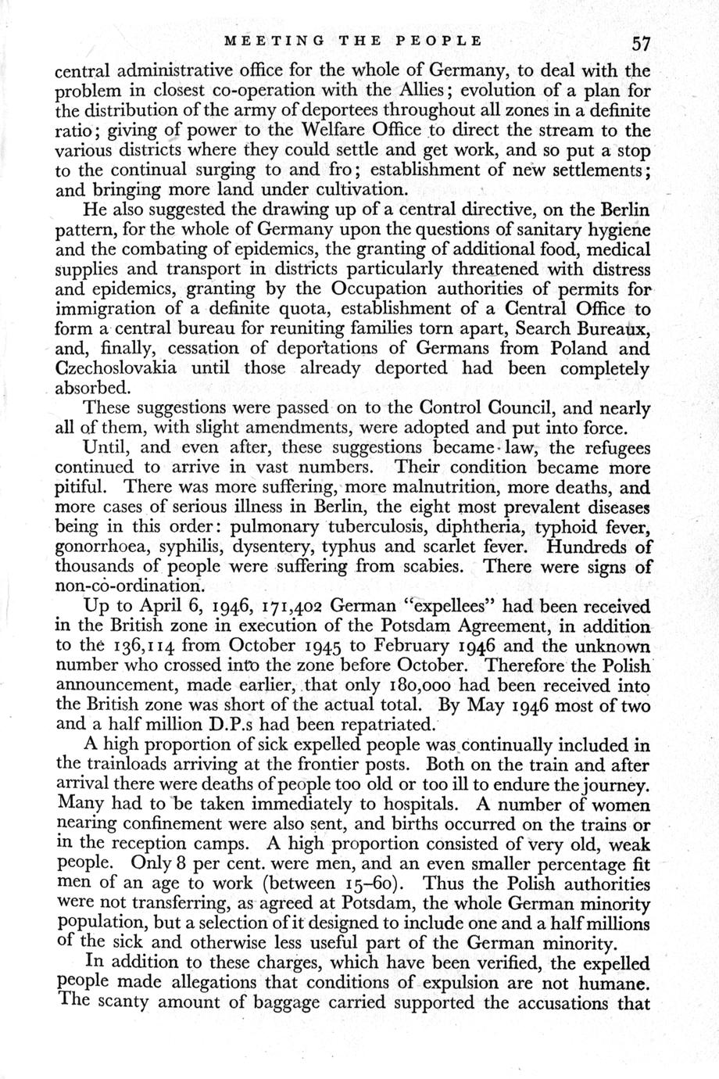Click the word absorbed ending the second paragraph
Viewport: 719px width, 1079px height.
(95, 389)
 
